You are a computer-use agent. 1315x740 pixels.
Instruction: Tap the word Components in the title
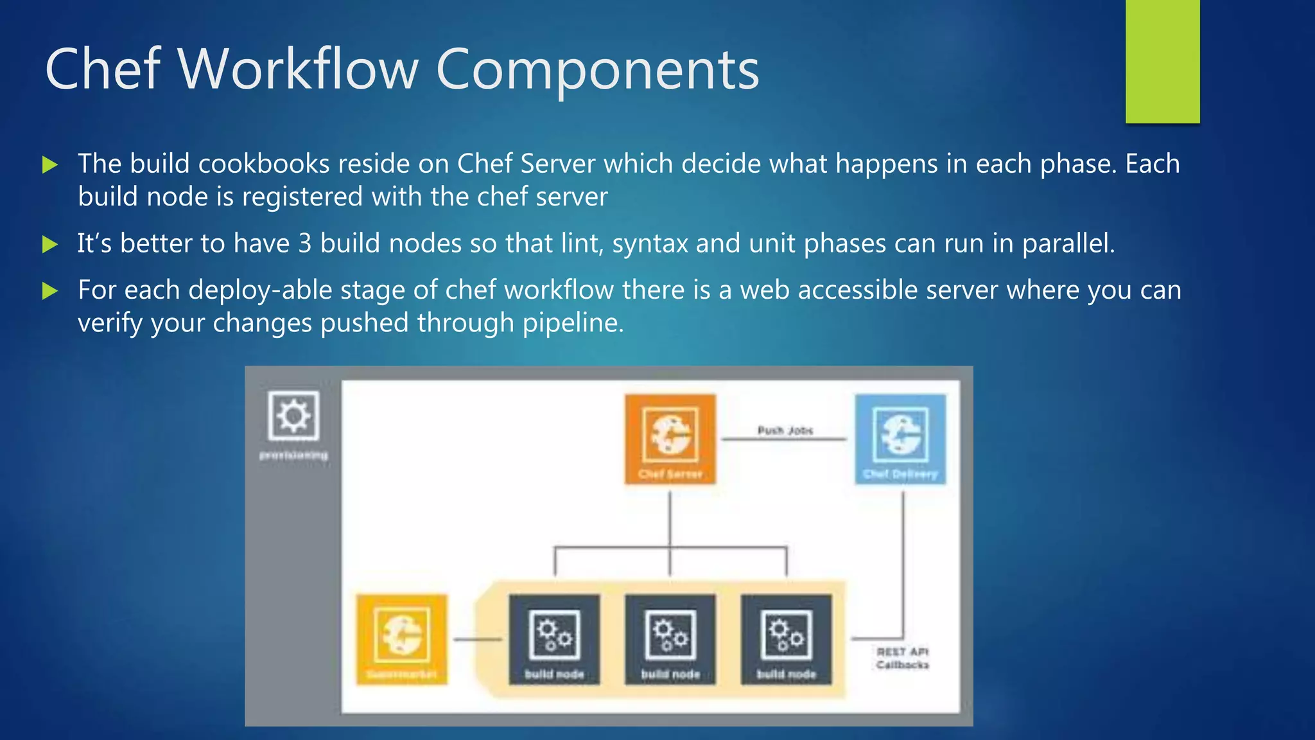coord(597,69)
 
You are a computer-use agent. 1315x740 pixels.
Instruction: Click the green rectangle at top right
coord(1162,61)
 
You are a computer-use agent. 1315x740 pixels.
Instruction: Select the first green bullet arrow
coord(50,165)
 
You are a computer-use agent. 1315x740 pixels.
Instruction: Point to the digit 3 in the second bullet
coord(305,243)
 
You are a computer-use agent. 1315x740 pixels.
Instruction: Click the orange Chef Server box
coord(670,439)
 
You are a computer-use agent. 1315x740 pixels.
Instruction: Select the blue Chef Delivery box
coord(900,439)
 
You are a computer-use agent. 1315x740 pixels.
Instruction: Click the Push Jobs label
coord(785,430)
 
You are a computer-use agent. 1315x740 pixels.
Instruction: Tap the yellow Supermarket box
coord(401,639)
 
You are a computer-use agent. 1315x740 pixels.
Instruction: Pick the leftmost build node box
coord(554,639)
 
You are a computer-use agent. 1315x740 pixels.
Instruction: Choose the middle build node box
coord(670,639)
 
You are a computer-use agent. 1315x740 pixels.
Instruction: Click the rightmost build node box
coord(786,639)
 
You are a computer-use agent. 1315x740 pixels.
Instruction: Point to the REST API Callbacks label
coord(902,658)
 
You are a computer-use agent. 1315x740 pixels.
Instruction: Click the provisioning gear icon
coord(293,416)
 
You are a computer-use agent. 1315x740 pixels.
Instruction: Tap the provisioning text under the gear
coord(293,455)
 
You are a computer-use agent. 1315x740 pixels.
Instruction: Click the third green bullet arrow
coord(50,292)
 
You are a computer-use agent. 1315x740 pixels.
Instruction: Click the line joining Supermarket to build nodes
coord(476,639)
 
